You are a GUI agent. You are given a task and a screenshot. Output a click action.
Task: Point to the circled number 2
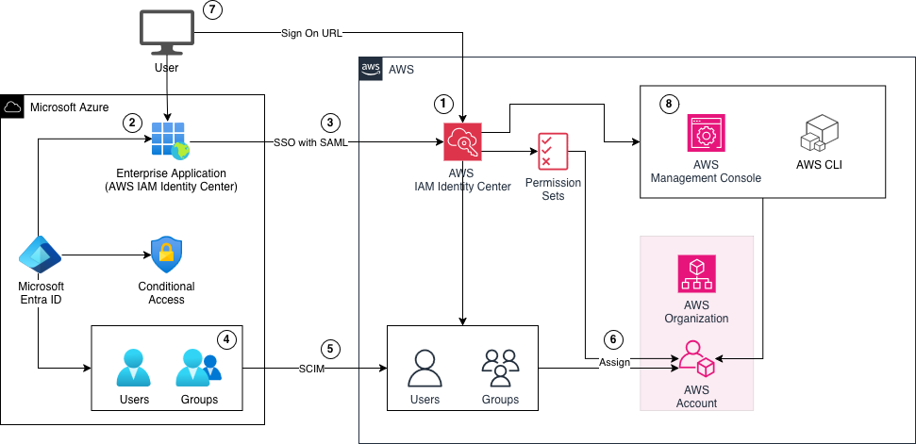click(134, 122)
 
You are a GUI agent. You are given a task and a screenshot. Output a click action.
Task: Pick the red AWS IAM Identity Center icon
click(462, 143)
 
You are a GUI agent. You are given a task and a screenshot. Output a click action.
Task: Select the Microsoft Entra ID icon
click(41, 255)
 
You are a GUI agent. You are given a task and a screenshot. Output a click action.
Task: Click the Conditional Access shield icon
click(166, 255)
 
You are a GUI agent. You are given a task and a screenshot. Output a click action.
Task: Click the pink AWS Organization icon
click(696, 273)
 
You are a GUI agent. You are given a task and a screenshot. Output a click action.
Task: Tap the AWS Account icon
click(696, 360)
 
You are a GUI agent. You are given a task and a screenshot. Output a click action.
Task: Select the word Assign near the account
click(614, 361)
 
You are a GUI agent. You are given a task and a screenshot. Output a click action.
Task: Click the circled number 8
click(669, 104)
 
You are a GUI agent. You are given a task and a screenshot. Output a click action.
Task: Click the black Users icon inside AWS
click(425, 369)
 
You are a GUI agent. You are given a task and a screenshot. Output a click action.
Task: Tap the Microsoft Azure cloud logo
click(13, 107)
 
